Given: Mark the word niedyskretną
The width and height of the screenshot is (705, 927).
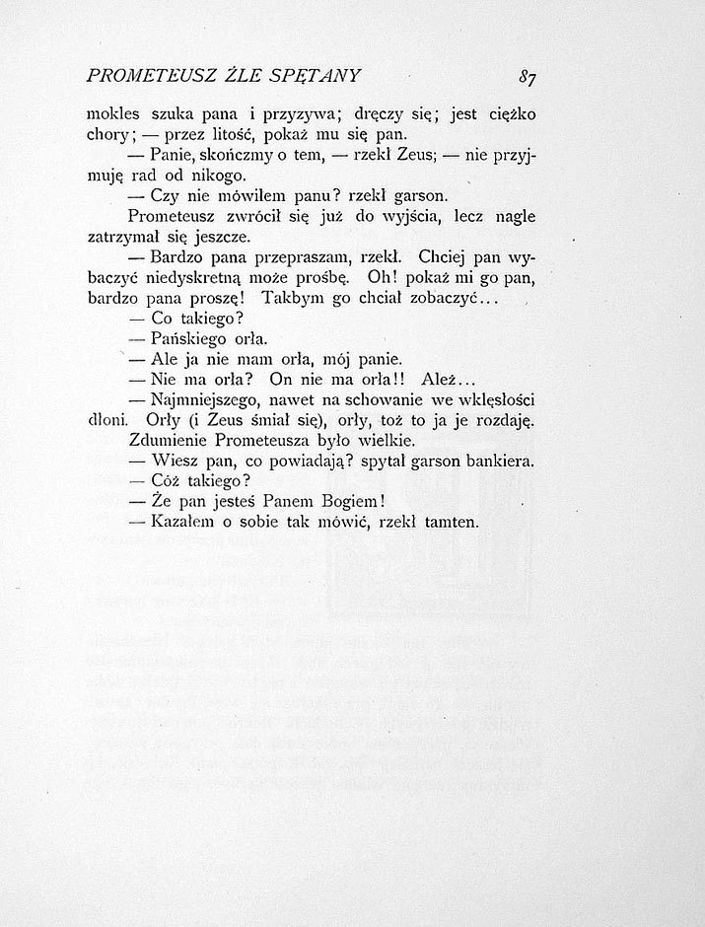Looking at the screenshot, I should pos(190,278).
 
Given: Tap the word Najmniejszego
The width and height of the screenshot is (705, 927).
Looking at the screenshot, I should pos(211,401).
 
